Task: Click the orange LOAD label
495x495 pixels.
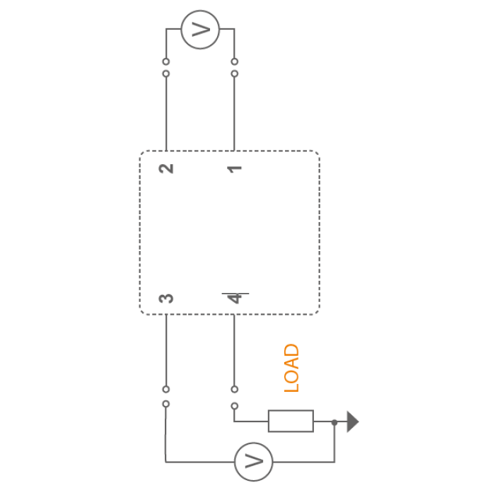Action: [x=291, y=368]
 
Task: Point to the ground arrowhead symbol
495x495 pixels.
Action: [x=353, y=421]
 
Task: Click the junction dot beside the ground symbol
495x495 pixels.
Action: [x=334, y=422]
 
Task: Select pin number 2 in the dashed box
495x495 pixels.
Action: [x=166, y=168]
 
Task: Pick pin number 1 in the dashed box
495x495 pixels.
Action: [x=235, y=169]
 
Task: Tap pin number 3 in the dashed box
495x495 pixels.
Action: [x=166, y=298]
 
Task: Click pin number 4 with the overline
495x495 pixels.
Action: [x=235, y=298]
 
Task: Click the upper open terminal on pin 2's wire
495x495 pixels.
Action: [x=166, y=62]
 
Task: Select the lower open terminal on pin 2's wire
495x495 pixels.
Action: [x=166, y=74]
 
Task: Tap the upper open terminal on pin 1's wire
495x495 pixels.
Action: [x=235, y=62]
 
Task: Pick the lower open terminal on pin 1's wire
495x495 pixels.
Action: [x=235, y=74]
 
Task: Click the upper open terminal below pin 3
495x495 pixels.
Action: [x=166, y=389]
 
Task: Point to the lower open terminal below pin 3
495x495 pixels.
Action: [x=166, y=404]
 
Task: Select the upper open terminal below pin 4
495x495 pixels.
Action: [x=235, y=389]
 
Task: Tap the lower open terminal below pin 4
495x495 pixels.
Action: [x=235, y=406]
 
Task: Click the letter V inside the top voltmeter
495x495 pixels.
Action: [x=201, y=30]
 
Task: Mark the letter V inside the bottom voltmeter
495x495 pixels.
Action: [x=254, y=462]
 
